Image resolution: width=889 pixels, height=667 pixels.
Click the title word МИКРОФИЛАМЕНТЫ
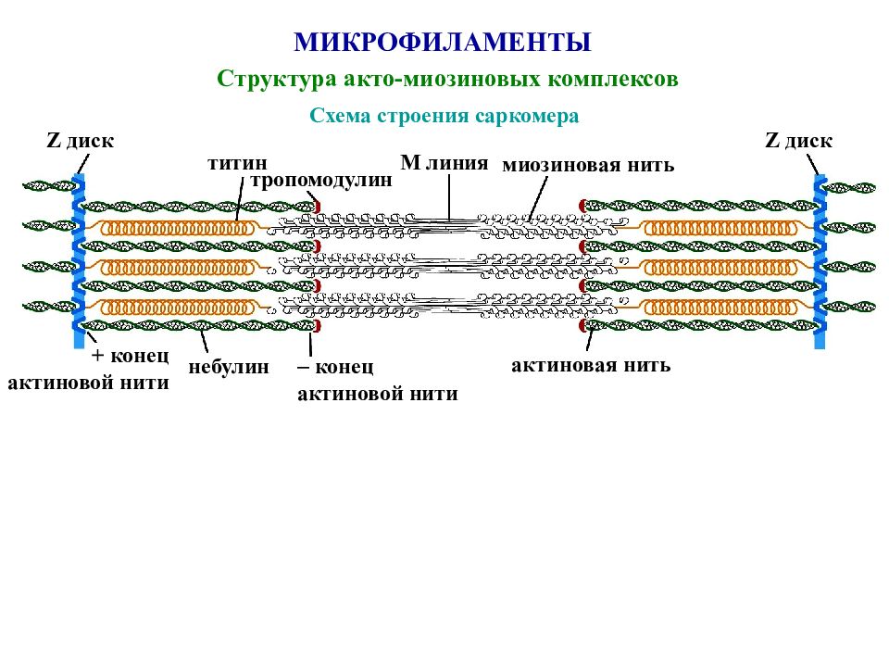(x=443, y=43)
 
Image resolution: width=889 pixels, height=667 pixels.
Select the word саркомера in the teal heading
(x=527, y=116)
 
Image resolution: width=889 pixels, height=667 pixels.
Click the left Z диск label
(x=80, y=140)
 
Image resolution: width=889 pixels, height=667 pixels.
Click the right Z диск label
(x=799, y=140)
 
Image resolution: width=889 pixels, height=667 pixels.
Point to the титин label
(x=237, y=163)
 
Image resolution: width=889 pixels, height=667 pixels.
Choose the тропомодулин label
(x=321, y=180)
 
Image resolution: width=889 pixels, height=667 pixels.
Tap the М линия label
(x=444, y=163)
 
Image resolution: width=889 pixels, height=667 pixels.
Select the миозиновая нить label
(x=588, y=165)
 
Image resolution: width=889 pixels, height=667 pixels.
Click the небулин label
(x=229, y=367)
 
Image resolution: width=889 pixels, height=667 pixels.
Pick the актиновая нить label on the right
(x=591, y=365)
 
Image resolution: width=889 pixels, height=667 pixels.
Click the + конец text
(x=131, y=356)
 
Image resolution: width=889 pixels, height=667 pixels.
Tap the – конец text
(x=335, y=367)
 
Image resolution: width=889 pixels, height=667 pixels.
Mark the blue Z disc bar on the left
(x=80, y=261)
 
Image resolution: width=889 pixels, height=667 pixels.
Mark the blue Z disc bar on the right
(x=820, y=261)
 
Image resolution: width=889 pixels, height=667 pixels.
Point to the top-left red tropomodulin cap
(x=318, y=206)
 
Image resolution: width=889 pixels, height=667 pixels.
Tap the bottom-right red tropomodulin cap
(x=582, y=325)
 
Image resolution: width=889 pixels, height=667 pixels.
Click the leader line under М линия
(x=450, y=196)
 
